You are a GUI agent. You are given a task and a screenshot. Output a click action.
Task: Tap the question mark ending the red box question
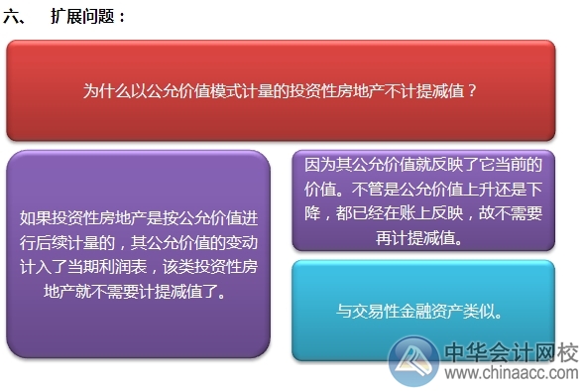474,90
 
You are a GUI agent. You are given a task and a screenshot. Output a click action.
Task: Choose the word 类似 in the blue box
479,311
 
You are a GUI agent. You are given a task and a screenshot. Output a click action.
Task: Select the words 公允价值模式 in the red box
202,90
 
